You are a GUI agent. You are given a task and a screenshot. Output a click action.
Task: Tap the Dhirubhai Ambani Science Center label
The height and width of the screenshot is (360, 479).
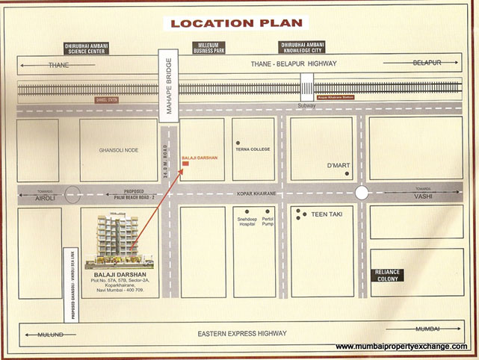89,49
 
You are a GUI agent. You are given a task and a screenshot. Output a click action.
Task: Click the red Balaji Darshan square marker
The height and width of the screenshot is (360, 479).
185,164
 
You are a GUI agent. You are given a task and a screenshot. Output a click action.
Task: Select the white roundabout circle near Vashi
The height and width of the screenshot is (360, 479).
362,193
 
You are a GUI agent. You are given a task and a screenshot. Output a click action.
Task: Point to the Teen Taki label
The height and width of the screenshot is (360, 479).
327,214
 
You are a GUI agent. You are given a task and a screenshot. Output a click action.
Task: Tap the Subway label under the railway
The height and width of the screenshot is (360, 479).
307,105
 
